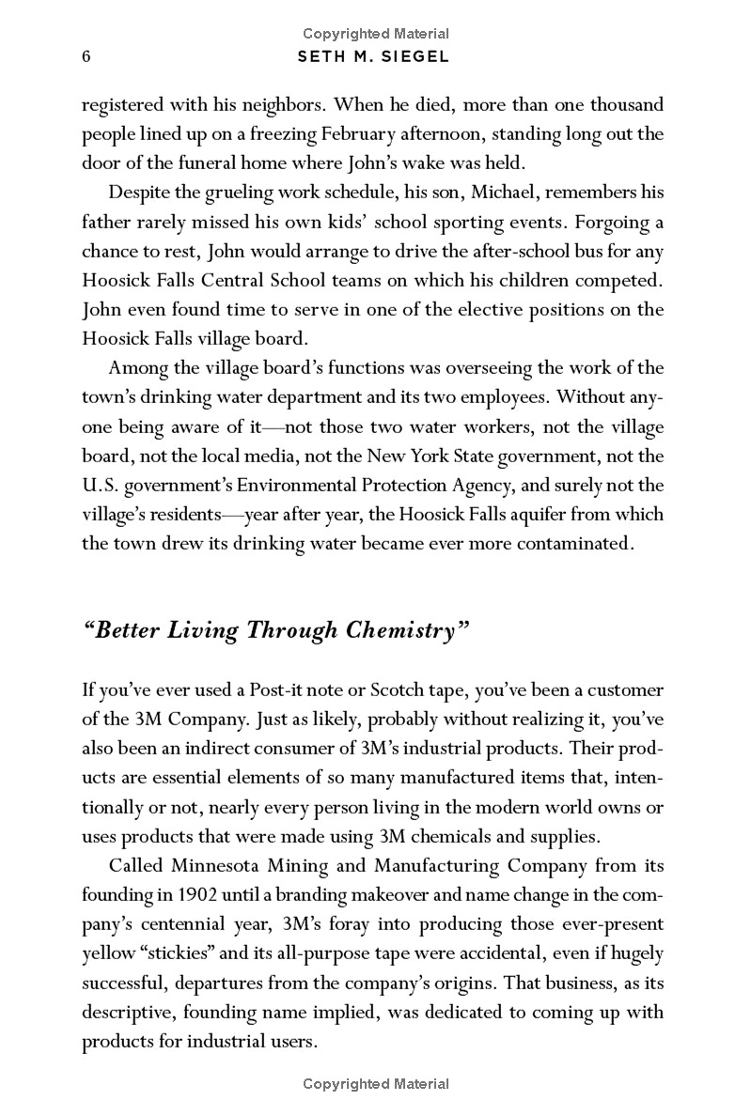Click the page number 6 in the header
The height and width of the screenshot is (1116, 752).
[x=86, y=57]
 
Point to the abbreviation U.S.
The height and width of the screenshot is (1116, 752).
[x=101, y=485]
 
